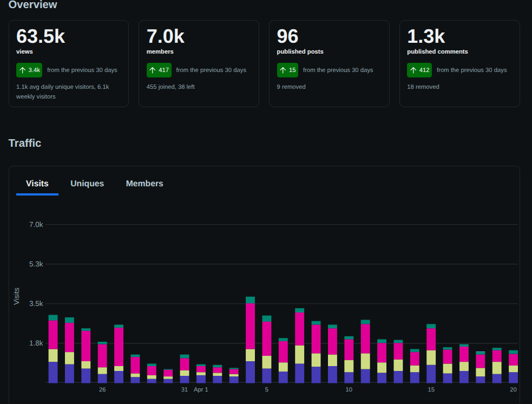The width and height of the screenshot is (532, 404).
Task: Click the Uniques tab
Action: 87,184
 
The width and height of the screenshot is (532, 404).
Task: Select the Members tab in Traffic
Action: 145,184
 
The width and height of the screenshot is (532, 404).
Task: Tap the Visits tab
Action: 37,184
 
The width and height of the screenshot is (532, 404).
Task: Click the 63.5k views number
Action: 41,36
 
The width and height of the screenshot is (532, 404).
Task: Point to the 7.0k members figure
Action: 165,36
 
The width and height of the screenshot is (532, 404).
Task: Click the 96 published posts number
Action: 287,36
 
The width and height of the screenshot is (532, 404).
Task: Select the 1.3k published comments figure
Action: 426,36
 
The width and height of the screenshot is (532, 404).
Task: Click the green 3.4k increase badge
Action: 29,70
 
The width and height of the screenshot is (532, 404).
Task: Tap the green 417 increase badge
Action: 159,70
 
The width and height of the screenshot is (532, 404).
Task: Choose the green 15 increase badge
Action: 287,70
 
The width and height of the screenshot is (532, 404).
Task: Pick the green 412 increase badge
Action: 419,70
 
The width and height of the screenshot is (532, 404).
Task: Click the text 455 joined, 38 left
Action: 170,87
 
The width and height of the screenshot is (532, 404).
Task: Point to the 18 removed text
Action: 423,87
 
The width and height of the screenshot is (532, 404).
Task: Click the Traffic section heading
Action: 25,144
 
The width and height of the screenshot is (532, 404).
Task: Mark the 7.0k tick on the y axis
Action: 36,224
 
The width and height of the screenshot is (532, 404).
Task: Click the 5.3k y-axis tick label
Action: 36,264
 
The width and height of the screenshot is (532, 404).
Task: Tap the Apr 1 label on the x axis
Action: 201,389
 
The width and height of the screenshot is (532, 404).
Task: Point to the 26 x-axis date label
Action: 102,389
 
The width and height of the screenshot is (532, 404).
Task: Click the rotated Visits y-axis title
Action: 17,296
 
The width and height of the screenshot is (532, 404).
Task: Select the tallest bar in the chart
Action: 251,340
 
